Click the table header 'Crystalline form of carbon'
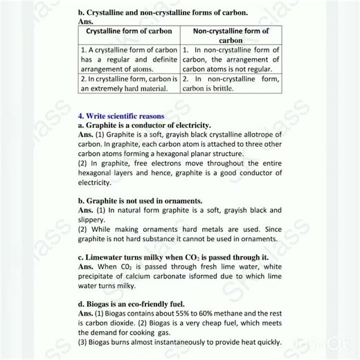(129, 31)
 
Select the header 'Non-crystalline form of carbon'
(231, 36)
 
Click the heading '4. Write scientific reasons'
(120, 116)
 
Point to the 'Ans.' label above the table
(85, 21)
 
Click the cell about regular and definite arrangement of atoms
(129, 60)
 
